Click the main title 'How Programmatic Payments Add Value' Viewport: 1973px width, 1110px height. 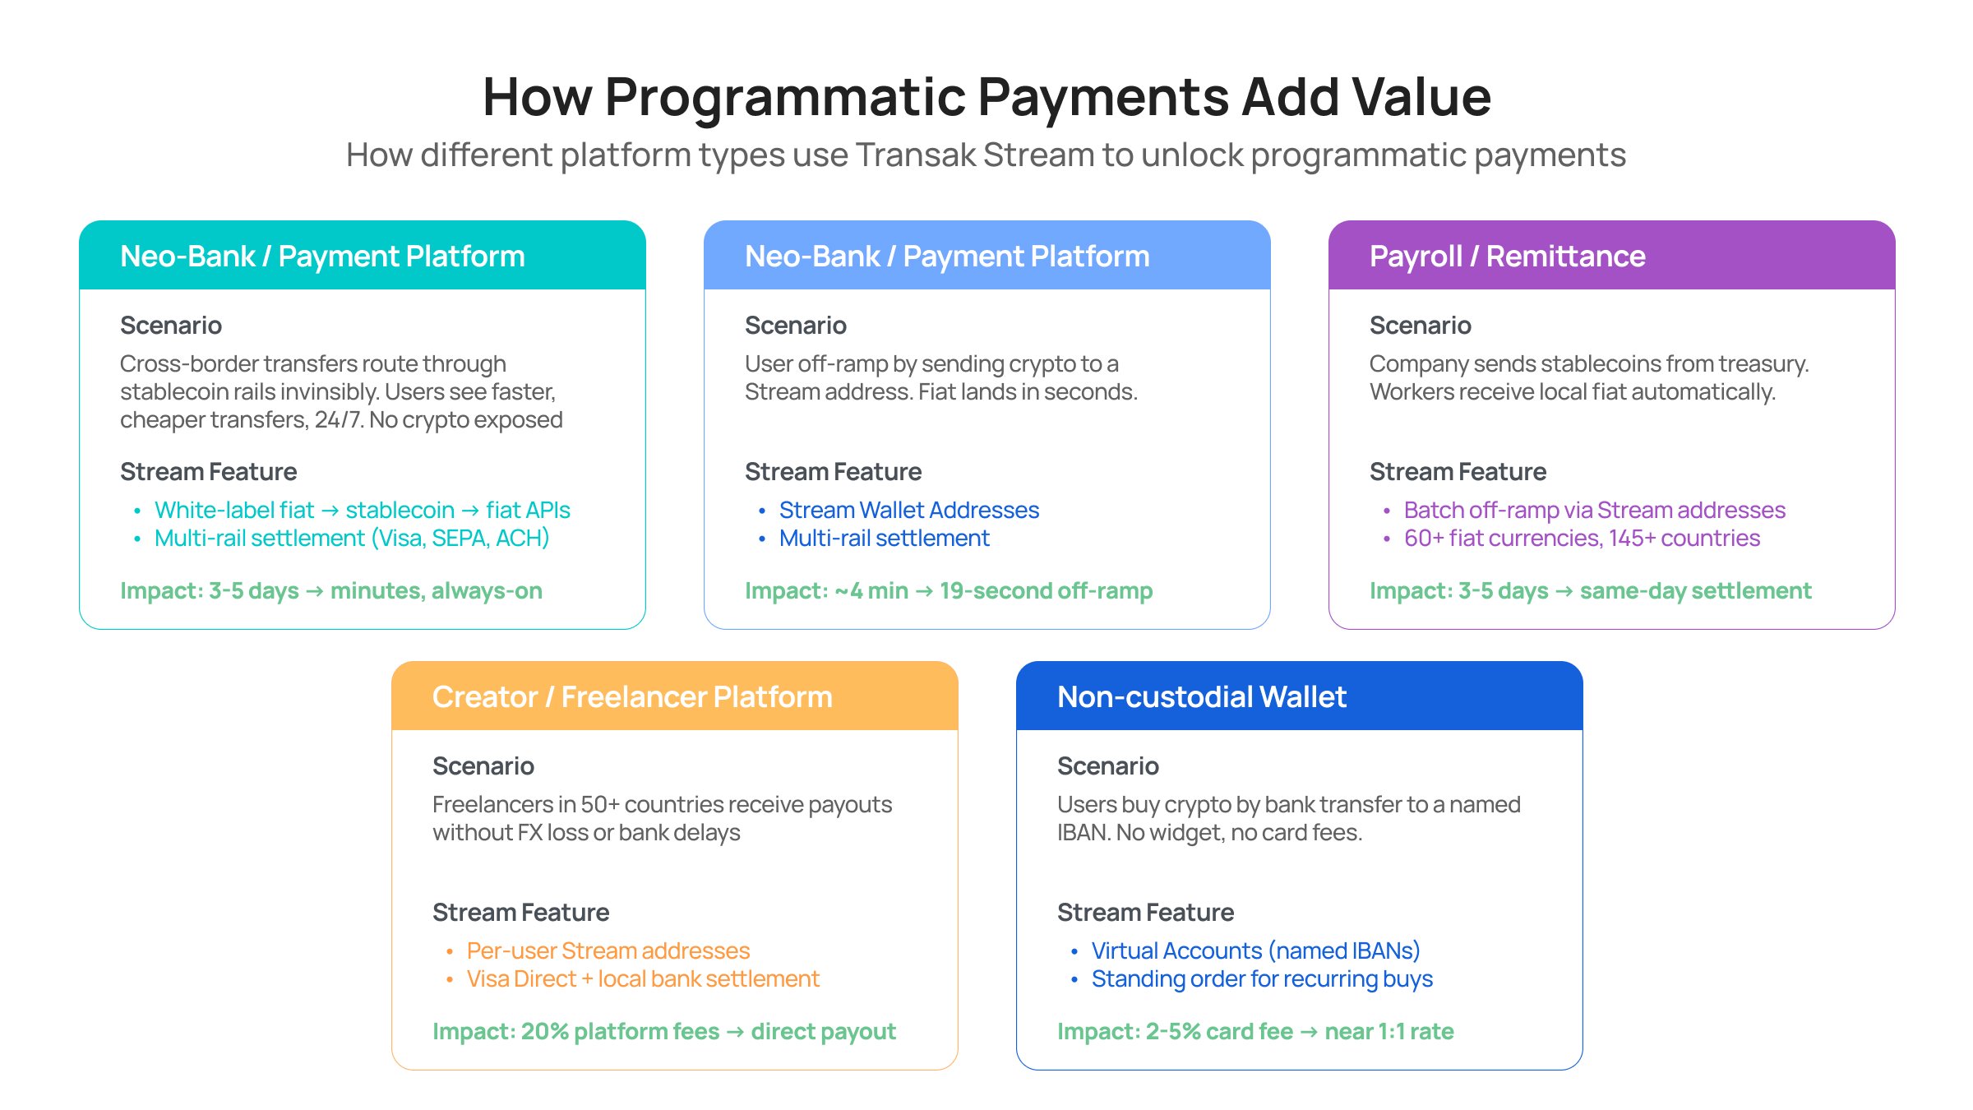[x=987, y=97]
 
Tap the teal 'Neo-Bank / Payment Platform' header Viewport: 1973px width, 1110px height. [x=322, y=257]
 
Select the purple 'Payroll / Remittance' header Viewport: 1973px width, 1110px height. [x=1507, y=257]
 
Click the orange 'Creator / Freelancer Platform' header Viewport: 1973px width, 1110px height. [x=632, y=697]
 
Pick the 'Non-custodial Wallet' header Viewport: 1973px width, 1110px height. [x=1201, y=697]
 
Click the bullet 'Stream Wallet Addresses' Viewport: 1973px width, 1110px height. [x=908, y=511]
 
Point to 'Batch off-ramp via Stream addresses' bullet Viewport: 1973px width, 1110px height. [x=1594, y=511]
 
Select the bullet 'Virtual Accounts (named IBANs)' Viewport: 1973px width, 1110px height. [x=1255, y=951]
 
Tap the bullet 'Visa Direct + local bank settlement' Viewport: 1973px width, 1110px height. [x=643, y=979]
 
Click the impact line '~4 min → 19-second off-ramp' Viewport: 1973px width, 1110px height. [x=949, y=591]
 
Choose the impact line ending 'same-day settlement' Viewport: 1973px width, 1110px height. [x=1590, y=591]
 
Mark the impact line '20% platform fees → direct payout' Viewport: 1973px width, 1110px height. [x=664, y=1032]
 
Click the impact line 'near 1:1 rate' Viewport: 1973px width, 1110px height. [x=1255, y=1032]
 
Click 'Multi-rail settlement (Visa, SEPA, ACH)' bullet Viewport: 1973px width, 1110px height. [x=352, y=539]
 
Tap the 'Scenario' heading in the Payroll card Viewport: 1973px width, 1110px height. [x=1420, y=326]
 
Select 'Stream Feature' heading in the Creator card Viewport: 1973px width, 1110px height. [x=520, y=913]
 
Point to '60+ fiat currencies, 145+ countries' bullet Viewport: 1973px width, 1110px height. [x=1582, y=539]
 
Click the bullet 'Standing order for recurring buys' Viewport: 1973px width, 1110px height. [x=1262, y=979]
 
